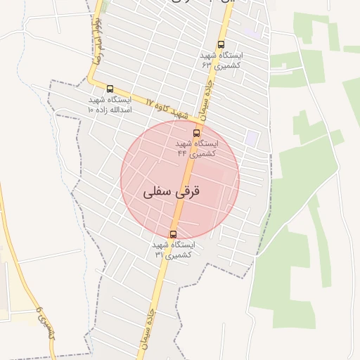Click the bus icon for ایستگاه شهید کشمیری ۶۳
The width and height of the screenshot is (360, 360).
[221, 44]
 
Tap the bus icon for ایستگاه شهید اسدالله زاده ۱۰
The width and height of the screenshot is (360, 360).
[110, 89]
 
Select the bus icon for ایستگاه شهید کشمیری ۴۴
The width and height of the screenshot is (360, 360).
[196, 132]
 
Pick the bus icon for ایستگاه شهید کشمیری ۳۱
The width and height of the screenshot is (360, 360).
[173, 234]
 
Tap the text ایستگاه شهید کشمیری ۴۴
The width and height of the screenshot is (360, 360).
[196, 148]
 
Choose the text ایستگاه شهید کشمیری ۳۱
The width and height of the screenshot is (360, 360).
[173, 249]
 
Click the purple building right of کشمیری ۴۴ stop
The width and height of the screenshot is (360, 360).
[251, 138]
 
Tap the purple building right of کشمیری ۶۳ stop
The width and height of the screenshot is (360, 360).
[255, 32]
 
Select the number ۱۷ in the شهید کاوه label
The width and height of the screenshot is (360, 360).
[149, 102]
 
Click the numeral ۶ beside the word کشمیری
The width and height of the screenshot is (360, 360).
[39, 309]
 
